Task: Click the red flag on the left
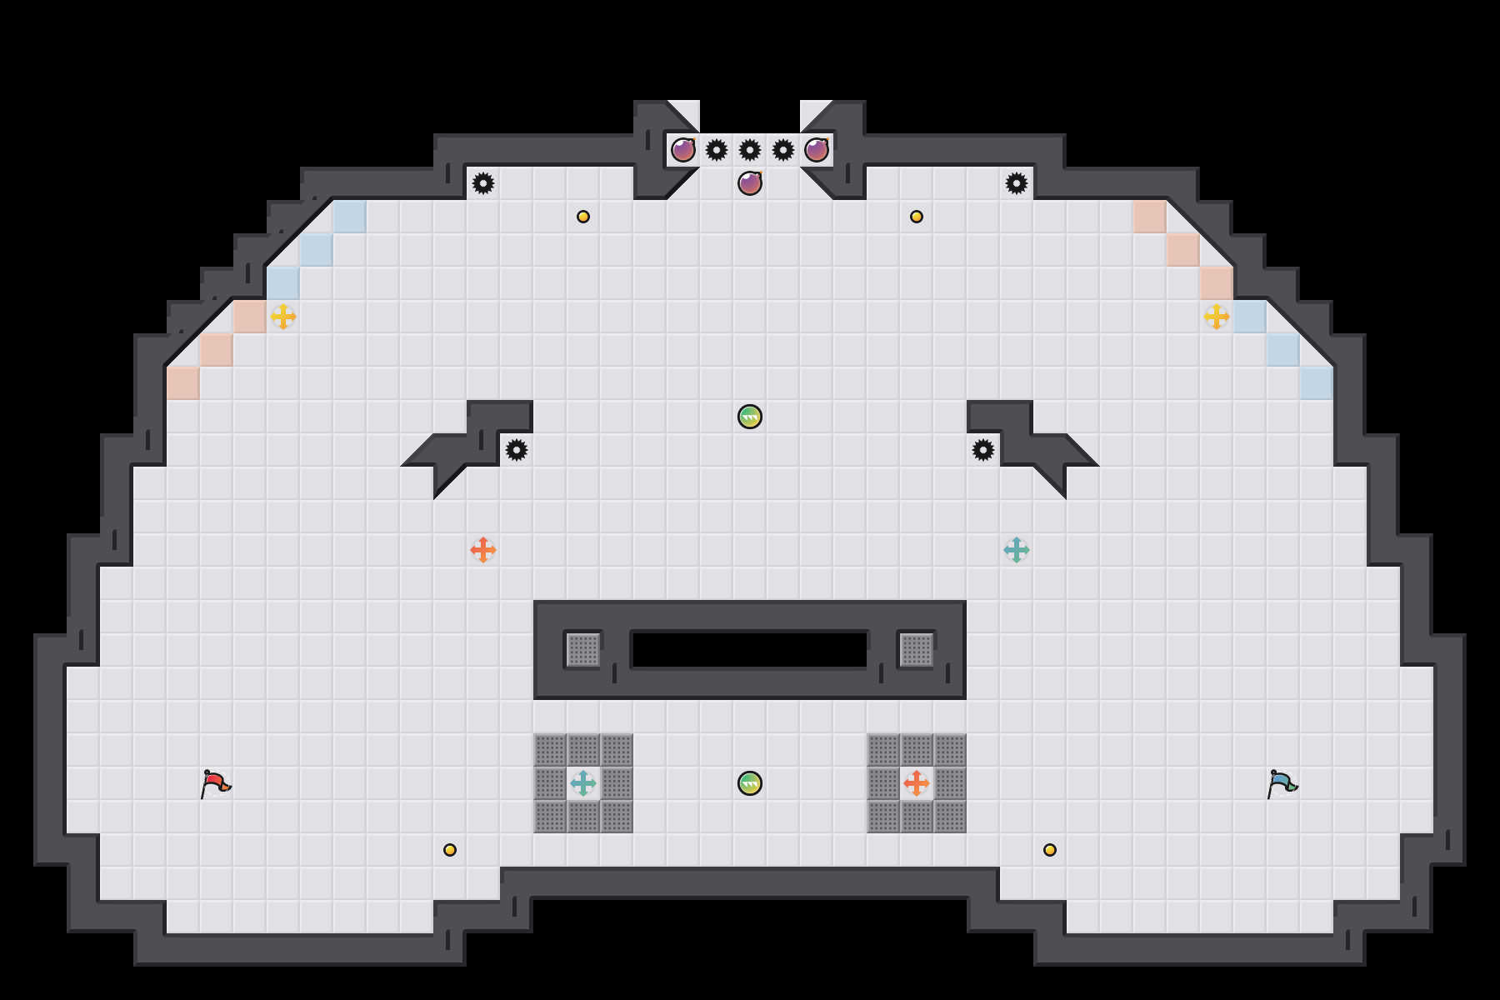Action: click(x=215, y=783)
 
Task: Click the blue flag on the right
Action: click(x=1282, y=783)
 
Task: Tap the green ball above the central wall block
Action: click(x=750, y=417)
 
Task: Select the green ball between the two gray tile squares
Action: click(x=750, y=783)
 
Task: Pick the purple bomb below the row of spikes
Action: click(x=750, y=183)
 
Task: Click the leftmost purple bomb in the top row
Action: click(x=683, y=150)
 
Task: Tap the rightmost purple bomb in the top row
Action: click(x=817, y=150)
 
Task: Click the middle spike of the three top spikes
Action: click(x=750, y=150)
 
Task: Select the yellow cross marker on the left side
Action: click(x=283, y=317)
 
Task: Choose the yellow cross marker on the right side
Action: click(x=1217, y=317)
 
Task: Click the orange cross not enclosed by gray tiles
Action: click(x=483, y=550)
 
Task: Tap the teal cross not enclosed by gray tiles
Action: click(x=1017, y=550)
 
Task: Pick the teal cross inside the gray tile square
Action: click(x=583, y=783)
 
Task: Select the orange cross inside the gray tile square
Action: click(x=917, y=783)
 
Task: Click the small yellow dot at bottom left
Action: click(x=450, y=850)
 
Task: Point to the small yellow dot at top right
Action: click(x=917, y=217)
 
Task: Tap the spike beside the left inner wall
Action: click(x=517, y=450)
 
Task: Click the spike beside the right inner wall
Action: click(x=983, y=450)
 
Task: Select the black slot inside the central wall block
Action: click(x=750, y=650)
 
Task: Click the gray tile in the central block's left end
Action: click(x=583, y=650)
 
